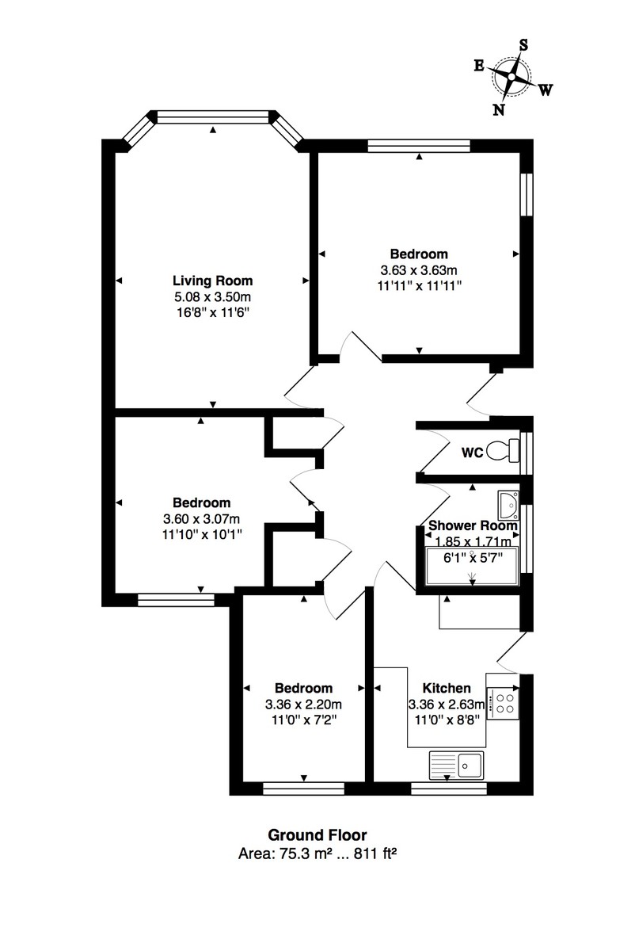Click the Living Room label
pyautogui.click(x=212, y=281)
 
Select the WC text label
pyautogui.click(x=473, y=454)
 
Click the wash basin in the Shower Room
pyautogui.click(x=508, y=502)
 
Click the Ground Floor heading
pyautogui.click(x=317, y=835)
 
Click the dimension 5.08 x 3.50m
pyautogui.click(x=212, y=296)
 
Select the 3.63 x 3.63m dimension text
pyautogui.click(x=419, y=270)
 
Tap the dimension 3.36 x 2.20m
pyautogui.click(x=303, y=704)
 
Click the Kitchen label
pyautogui.click(x=447, y=688)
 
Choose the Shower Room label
pyautogui.click(x=472, y=525)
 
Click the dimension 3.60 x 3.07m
pyautogui.click(x=201, y=518)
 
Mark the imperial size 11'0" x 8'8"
pyautogui.click(x=447, y=720)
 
